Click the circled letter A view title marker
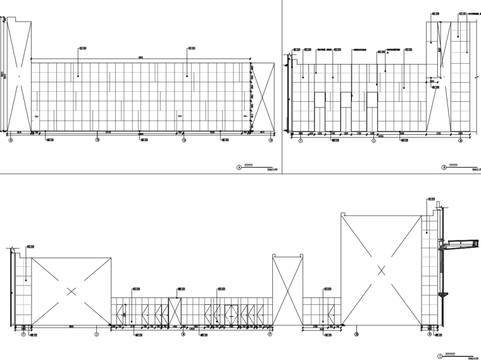pos(239,168)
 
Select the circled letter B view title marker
pos(444,167)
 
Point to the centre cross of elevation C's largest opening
pos(381,270)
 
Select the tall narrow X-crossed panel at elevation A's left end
pos(19,76)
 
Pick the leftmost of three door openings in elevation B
pos(320,111)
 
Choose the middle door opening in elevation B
pos(346,111)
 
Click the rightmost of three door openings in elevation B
pos(372,111)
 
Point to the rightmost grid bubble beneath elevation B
pos(460,140)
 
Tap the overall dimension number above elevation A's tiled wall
pos(141,58)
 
